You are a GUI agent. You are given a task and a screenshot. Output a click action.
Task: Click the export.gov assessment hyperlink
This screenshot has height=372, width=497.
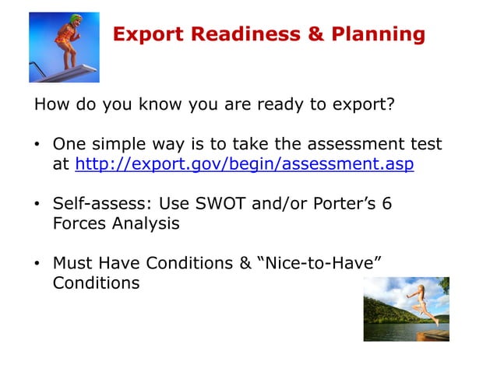244,165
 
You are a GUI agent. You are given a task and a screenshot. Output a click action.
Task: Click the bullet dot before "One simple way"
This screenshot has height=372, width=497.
37,146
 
